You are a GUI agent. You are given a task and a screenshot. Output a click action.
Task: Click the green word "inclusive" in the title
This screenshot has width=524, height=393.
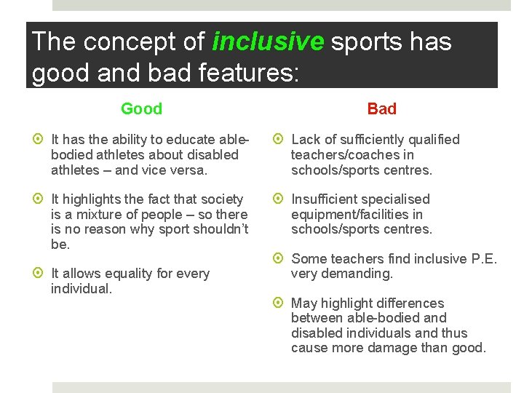tap(267, 42)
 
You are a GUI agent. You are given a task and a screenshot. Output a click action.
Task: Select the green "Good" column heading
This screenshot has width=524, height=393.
tap(141, 109)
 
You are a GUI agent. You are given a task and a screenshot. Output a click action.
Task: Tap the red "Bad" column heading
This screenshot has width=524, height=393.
tap(381, 109)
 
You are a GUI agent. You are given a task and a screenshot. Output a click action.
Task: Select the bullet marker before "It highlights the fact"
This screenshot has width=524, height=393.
tap(41, 199)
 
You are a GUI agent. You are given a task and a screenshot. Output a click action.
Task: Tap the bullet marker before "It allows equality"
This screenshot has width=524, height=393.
tap(41, 274)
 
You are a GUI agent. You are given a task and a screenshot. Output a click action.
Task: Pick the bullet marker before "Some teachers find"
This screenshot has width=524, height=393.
tap(280, 259)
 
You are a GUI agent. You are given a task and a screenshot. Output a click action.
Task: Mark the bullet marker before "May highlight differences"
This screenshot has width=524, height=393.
tap(280, 303)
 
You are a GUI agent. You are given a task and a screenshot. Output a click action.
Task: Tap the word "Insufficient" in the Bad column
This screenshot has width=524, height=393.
tap(327, 199)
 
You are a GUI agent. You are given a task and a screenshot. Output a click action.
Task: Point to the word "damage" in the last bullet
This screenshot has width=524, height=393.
tap(378, 348)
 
